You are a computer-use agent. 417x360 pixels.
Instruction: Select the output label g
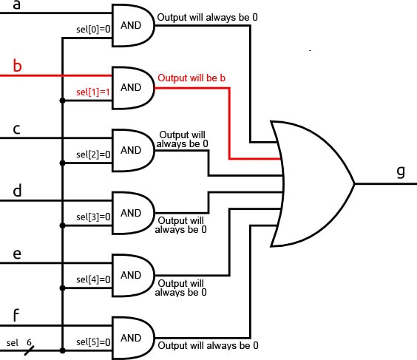400,171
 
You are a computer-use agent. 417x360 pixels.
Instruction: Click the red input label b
18,67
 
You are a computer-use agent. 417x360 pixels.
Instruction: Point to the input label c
16,130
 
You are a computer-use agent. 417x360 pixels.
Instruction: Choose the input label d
17,191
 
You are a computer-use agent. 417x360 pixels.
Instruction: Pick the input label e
16,254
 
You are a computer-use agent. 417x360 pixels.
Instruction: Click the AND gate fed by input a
132,24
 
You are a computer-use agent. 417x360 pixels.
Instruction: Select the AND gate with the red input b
132,87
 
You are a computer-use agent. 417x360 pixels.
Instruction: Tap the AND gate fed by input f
132,338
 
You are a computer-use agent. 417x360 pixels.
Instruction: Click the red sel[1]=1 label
93,92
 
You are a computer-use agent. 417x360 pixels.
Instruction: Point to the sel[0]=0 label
93,30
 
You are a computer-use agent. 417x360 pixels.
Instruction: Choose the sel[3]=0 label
93,217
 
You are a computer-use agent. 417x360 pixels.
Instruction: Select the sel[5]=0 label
93,342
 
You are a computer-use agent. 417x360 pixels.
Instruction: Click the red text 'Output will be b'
191,77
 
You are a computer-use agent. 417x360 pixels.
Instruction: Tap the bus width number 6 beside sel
30,343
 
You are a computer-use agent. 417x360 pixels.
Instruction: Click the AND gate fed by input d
132,213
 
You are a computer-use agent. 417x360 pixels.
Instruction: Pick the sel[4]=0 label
93,280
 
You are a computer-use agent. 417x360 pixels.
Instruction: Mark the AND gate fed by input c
132,150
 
